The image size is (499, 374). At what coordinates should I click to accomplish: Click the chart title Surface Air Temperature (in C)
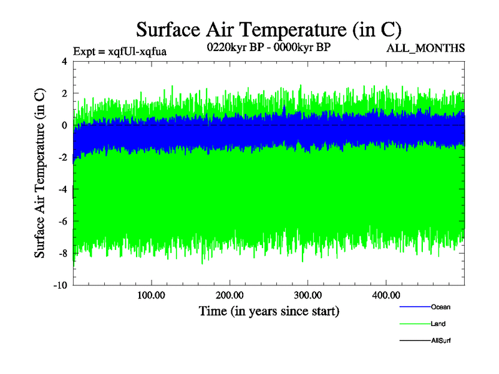coord(268,30)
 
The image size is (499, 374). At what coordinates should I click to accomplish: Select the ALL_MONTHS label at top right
coord(425,48)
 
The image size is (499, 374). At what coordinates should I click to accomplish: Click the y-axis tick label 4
coord(64,61)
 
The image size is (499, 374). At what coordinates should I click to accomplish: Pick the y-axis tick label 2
coord(64,93)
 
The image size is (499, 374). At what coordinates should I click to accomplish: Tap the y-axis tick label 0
coord(64,125)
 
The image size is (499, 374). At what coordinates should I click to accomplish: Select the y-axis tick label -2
coord(62,157)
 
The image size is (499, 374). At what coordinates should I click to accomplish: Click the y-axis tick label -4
coord(62,189)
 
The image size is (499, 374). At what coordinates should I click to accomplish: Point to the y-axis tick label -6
coord(62,221)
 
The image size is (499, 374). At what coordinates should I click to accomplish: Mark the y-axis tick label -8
coord(62,253)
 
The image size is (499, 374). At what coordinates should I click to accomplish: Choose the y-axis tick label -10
coord(60,285)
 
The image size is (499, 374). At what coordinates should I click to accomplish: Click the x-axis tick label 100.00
coord(150,295)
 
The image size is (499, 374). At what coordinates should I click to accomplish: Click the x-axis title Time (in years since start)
coord(269,310)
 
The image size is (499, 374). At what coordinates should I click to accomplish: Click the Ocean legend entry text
coord(440,307)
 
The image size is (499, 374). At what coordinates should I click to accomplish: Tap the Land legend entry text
coord(438,324)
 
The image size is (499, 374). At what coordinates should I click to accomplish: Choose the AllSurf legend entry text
coord(441,341)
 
